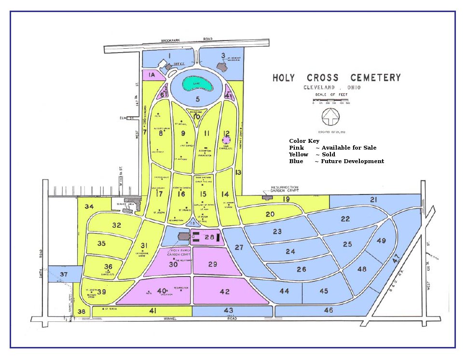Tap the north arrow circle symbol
tap(331, 116)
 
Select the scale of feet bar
tap(331, 100)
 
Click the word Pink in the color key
tap(297, 148)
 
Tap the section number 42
tap(224, 291)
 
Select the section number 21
tap(374, 200)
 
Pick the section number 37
tap(64, 275)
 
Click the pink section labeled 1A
tap(151, 75)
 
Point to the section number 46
tap(329, 310)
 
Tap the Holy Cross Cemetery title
tap(336, 78)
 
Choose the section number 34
tap(89, 207)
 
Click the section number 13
tap(238, 172)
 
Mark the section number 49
tap(381, 241)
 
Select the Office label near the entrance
tap(179, 64)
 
